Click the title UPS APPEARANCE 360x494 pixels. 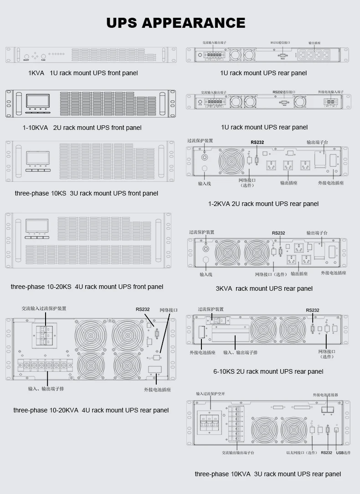point(176,23)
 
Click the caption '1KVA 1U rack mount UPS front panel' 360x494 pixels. point(82,73)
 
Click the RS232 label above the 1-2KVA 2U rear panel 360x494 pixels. point(257,142)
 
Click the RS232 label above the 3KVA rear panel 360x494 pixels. point(278,233)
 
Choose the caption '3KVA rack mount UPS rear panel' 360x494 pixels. point(264,288)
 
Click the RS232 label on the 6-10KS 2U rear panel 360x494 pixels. point(313,310)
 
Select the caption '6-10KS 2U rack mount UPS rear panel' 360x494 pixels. point(268,371)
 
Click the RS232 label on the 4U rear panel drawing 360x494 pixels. point(143,309)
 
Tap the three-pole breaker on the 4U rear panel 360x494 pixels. point(44,336)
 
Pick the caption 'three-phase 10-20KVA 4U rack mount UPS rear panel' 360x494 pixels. point(91,410)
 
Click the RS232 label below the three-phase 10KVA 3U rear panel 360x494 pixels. point(326,453)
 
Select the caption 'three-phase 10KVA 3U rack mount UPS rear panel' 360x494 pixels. point(267,474)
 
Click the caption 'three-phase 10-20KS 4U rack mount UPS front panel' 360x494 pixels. point(87,287)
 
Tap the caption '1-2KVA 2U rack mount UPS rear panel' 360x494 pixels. point(263,204)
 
